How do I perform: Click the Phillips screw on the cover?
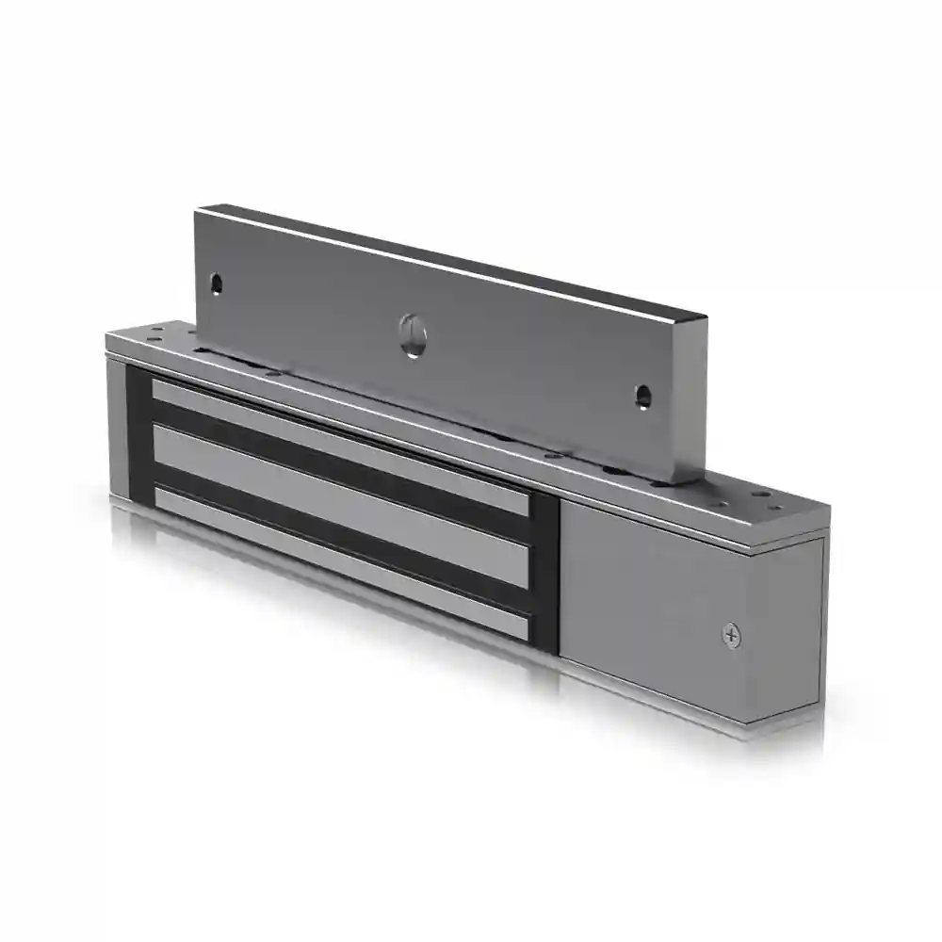[731, 635]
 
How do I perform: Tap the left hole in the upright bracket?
[217, 282]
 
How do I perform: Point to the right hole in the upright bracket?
[642, 396]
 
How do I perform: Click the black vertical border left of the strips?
[138, 433]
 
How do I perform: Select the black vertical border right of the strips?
[544, 575]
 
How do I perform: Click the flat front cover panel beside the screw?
[650, 603]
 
